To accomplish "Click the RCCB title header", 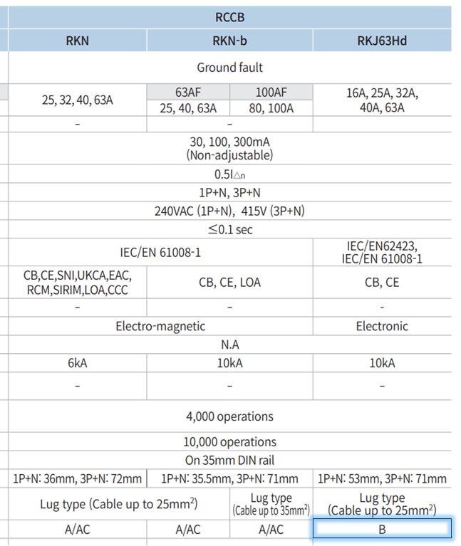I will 229,17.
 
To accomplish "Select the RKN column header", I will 77,40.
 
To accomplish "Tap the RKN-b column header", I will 229,40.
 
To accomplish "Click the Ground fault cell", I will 229,68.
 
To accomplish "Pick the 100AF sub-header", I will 271,92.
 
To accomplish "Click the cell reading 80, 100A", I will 271,108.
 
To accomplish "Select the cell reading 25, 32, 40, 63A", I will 77,100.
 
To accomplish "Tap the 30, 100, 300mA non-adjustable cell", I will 229,148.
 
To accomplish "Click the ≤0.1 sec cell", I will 229,230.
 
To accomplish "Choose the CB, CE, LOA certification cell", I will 229,283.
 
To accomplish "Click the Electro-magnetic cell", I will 160,326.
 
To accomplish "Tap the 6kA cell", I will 77,363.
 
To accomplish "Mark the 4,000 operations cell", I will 229,416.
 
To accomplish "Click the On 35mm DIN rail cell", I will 229,461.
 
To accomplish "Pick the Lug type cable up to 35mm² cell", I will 271,504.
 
